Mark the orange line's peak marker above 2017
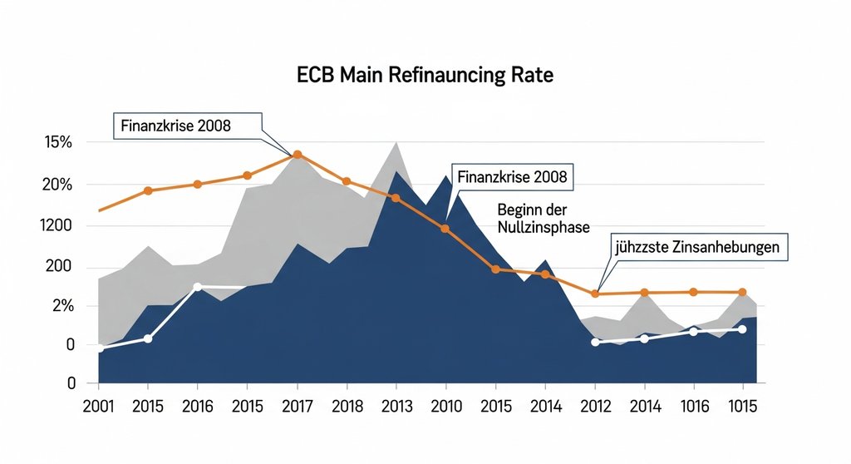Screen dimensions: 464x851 click(298, 155)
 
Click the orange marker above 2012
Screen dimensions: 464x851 click(595, 294)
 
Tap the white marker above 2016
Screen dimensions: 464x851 click(197, 287)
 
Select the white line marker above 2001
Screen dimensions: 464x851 click(100, 348)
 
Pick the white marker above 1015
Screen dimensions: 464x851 click(742, 329)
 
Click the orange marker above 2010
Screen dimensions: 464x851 click(445, 228)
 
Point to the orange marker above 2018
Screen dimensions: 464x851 click(347, 181)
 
